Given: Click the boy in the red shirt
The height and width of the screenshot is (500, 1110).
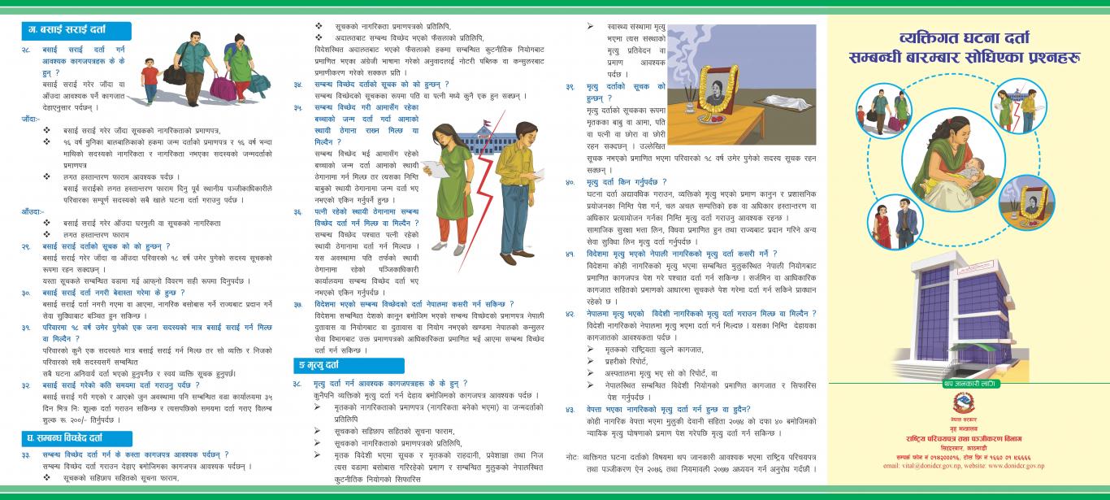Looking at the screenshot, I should click(150, 80).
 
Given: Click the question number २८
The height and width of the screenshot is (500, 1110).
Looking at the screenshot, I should click(26, 50).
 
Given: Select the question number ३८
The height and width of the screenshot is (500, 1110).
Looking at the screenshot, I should click(297, 383).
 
